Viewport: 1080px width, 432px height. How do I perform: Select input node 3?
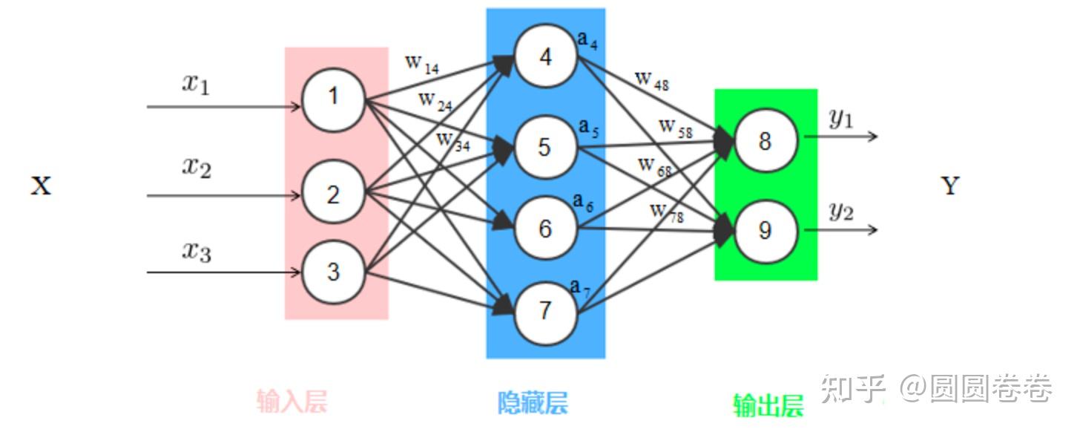(x=333, y=272)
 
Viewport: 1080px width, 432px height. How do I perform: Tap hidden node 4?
(x=546, y=57)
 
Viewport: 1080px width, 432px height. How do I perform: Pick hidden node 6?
(x=545, y=229)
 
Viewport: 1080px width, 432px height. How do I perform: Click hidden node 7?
(x=545, y=310)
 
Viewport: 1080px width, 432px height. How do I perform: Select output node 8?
(x=765, y=141)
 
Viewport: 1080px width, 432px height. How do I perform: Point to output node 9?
(x=765, y=231)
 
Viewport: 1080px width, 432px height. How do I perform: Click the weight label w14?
(x=422, y=64)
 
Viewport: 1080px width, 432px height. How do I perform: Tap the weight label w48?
(x=652, y=79)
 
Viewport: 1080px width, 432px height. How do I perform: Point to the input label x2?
(x=197, y=166)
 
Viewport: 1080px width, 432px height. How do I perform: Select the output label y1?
(x=840, y=119)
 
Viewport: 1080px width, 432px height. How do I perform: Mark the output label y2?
(x=840, y=212)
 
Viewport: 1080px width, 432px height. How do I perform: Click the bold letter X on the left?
(x=41, y=186)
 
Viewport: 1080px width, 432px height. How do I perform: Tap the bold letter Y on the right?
(x=950, y=186)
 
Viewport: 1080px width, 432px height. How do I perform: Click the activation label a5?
(x=588, y=128)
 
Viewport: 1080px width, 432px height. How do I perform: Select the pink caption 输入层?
(x=292, y=402)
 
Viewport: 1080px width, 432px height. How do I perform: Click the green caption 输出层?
(x=768, y=405)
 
